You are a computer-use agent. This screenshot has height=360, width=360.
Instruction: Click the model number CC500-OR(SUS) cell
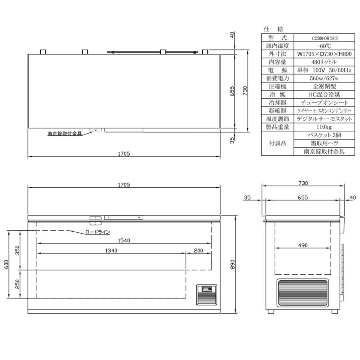pyautogui.click(x=324, y=38)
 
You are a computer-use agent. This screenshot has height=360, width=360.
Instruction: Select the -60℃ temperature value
pyautogui.click(x=324, y=46)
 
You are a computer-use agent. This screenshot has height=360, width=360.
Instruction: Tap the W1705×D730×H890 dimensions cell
pyautogui.click(x=324, y=54)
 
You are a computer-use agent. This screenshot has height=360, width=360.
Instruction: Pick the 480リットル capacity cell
pyautogui.click(x=324, y=62)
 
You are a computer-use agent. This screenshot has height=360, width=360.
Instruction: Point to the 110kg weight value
pyautogui.click(x=324, y=127)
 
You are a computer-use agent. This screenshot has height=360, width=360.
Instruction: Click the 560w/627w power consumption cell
pyautogui.click(x=324, y=78)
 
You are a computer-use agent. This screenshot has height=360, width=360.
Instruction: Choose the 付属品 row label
pyautogui.click(x=278, y=144)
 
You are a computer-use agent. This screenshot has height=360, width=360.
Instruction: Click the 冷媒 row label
pyautogui.click(x=278, y=94)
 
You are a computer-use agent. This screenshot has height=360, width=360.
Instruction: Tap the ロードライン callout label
pyautogui.click(x=98, y=232)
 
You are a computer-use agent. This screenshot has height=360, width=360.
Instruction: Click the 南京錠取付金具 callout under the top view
pyautogui.click(x=64, y=134)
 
